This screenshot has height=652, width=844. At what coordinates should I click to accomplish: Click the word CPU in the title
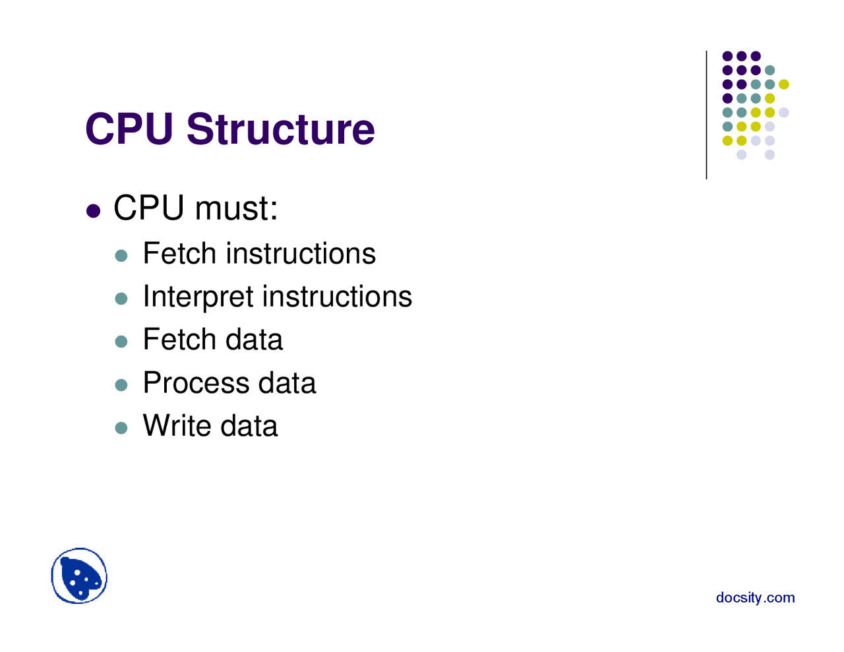129,129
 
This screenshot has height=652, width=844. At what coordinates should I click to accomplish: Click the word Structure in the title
280,129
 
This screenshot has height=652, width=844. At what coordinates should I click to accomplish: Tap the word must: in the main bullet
236,208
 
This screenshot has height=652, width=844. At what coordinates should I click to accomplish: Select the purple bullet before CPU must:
94,211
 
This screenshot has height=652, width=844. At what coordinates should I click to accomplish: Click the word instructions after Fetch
301,254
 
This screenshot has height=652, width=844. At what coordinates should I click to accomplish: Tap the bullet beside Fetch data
121,341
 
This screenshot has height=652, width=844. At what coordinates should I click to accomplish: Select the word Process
195,383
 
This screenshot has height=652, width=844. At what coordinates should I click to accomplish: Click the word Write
176,426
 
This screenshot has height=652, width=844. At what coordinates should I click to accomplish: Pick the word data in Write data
249,426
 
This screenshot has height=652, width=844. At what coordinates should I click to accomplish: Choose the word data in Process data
286,383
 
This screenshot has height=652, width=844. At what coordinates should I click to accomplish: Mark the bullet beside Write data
121,428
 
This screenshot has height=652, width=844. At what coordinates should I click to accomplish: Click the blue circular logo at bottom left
79,576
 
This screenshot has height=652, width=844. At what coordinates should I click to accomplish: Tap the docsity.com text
755,598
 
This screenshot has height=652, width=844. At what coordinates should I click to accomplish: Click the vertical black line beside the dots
706,115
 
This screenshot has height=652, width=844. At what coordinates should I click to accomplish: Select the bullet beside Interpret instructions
121,299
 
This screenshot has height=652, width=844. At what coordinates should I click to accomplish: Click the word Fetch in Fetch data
179,340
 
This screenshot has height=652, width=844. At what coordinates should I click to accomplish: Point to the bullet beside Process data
121,385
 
